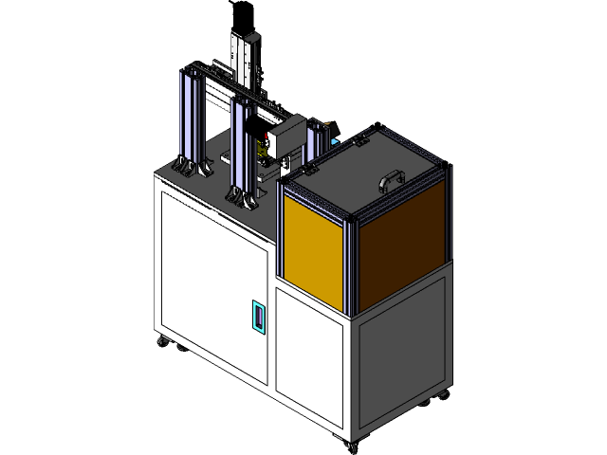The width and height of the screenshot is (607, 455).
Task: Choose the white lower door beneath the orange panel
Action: [308, 358]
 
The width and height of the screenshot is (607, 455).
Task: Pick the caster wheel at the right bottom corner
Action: [441, 394]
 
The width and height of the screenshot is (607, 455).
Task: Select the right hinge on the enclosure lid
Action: [360, 140]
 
